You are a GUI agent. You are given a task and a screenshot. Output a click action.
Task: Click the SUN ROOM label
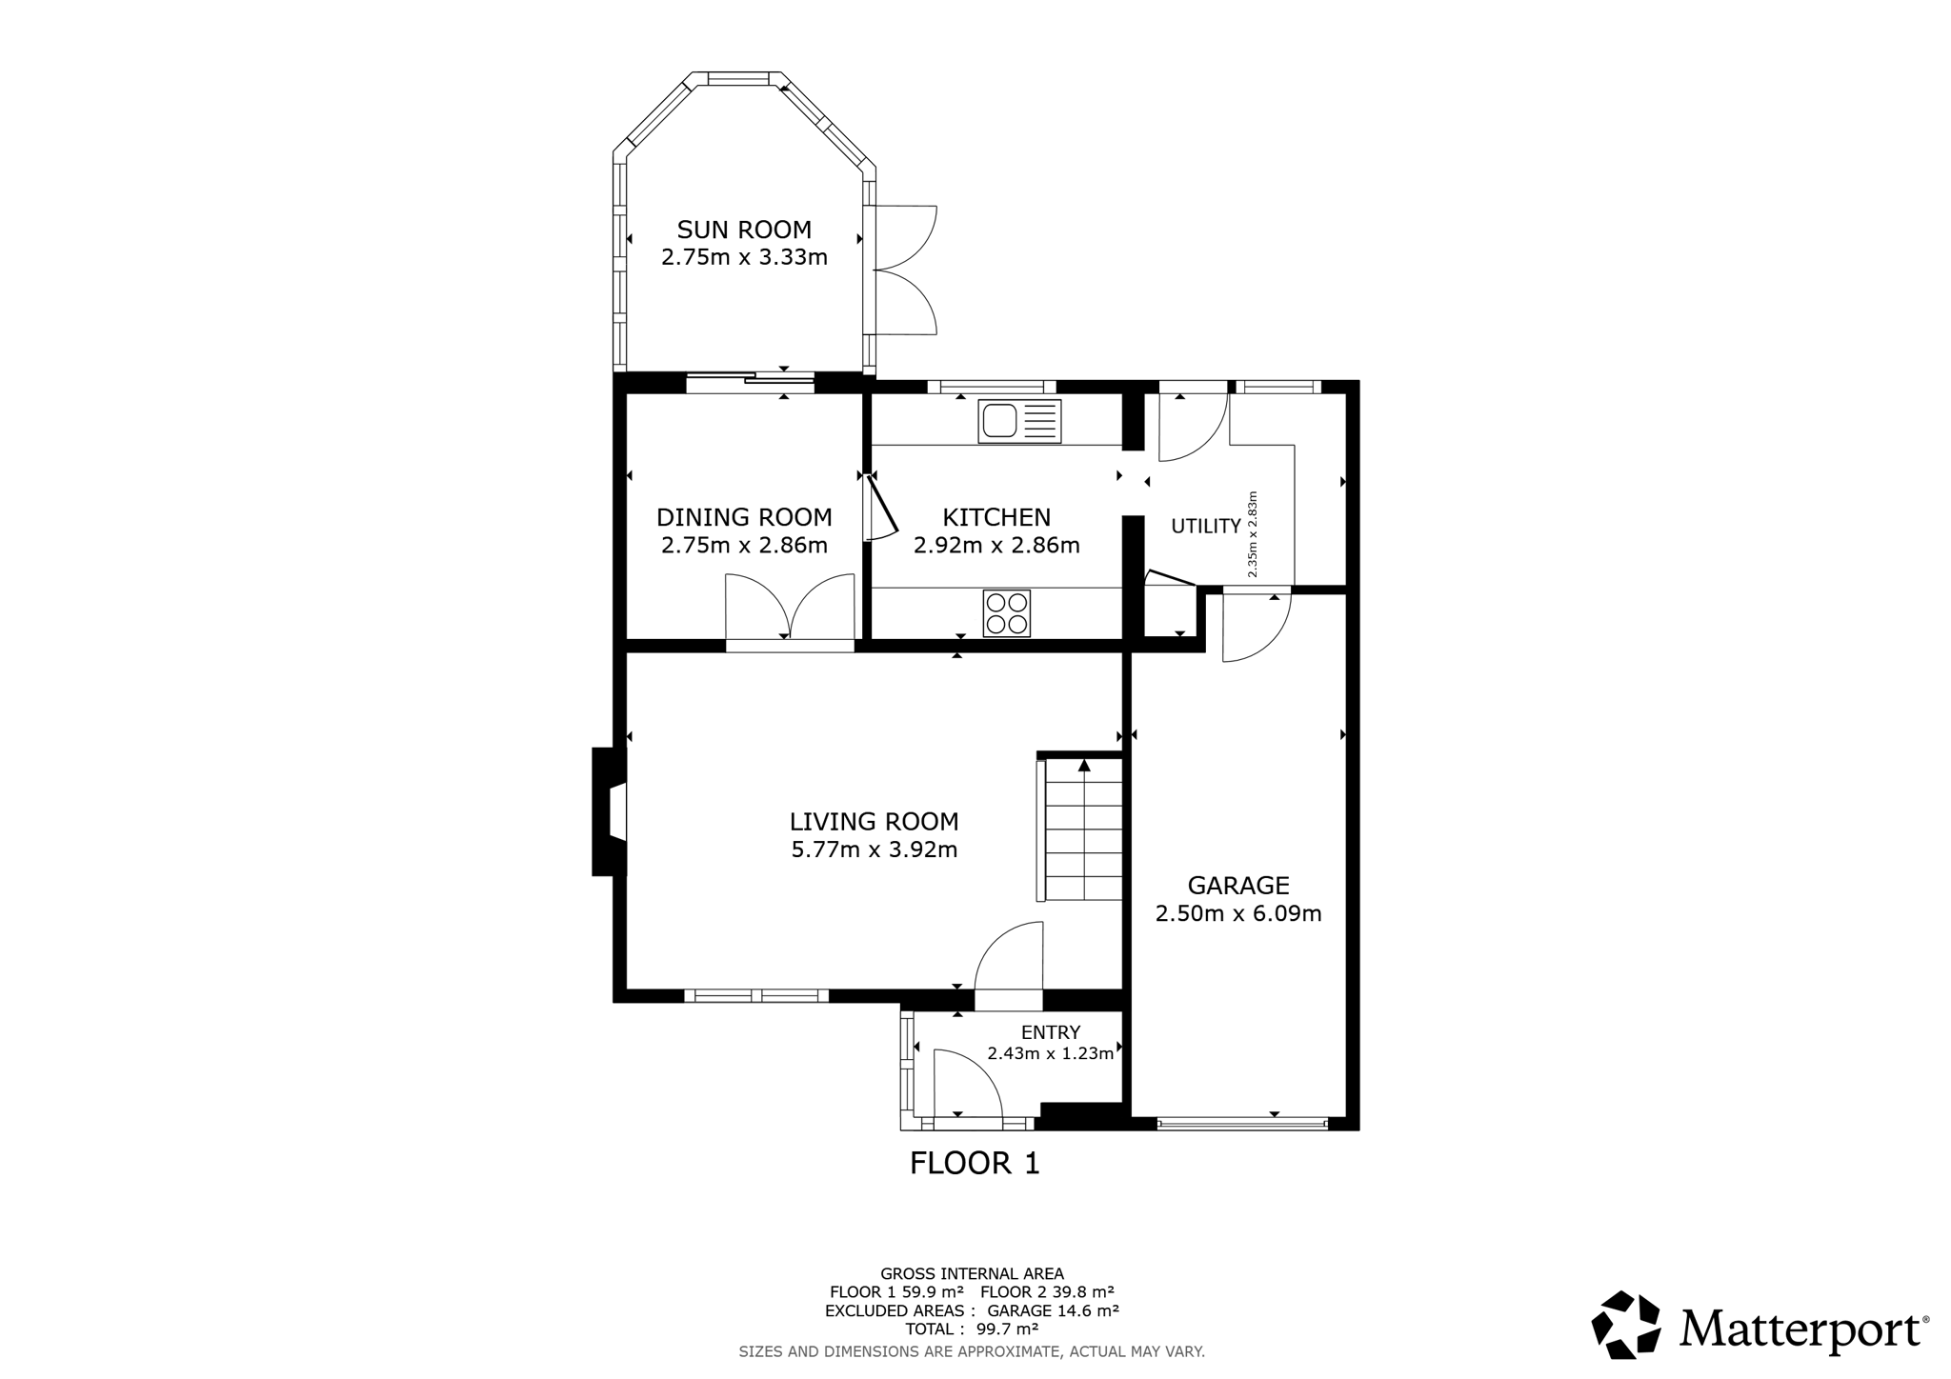[744, 230]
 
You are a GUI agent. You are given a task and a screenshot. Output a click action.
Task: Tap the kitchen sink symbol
[1019, 421]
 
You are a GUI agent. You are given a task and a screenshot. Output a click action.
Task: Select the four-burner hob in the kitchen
[1007, 614]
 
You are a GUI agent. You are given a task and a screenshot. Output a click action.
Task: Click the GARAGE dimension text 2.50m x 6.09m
[1238, 914]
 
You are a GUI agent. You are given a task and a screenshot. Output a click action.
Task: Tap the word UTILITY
[1206, 526]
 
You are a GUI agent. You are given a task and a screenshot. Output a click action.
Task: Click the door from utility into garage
[1257, 625]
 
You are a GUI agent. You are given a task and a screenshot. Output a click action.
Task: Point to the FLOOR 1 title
[975, 1163]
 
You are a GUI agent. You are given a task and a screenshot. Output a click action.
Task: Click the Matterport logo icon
[1626, 1324]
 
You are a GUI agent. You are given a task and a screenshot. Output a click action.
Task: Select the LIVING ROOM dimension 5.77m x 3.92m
[875, 849]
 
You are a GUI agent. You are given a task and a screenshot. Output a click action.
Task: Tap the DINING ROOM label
[744, 517]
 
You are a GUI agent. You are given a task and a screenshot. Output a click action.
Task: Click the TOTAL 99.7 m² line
[972, 1329]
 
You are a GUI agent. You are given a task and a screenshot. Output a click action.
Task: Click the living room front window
[756, 996]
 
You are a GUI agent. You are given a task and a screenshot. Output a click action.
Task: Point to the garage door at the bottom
[1242, 1124]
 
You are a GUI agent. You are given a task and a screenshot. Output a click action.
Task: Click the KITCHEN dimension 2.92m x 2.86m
[996, 546]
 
